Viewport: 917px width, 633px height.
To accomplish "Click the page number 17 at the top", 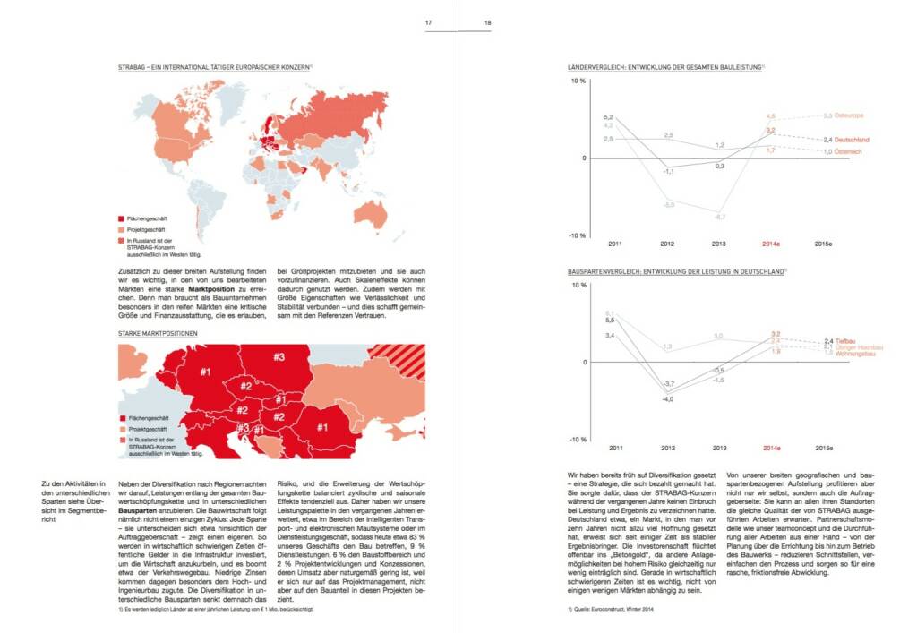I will [x=429, y=23].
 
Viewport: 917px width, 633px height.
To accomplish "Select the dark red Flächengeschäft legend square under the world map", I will [x=122, y=218].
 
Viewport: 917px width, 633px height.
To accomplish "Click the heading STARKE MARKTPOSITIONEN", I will [x=158, y=333].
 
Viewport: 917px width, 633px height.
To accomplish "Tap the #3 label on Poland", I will [x=279, y=357].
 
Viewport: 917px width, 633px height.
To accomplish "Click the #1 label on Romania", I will [x=321, y=428].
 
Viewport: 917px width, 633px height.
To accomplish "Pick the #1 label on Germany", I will [x=205, y=372].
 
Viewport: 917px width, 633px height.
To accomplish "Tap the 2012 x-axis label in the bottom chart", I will [x=668, y=447].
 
